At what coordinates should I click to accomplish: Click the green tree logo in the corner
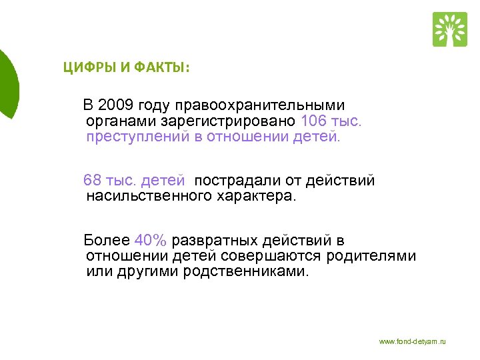pos(450,29)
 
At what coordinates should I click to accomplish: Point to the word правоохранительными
pos(261,105)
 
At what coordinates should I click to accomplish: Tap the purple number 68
pos(92,181)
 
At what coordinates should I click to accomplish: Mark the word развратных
pos(213,241)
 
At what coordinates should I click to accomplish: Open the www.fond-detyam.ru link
pos(412,341)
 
